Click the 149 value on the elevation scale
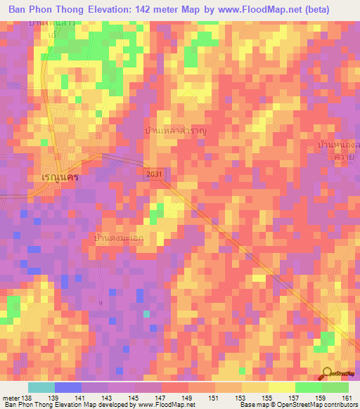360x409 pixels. tap(188, 398)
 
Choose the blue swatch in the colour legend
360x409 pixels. tap(68, 387)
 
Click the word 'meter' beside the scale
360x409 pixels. tap(11, 398)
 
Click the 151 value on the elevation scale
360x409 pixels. tap(215, 398)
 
